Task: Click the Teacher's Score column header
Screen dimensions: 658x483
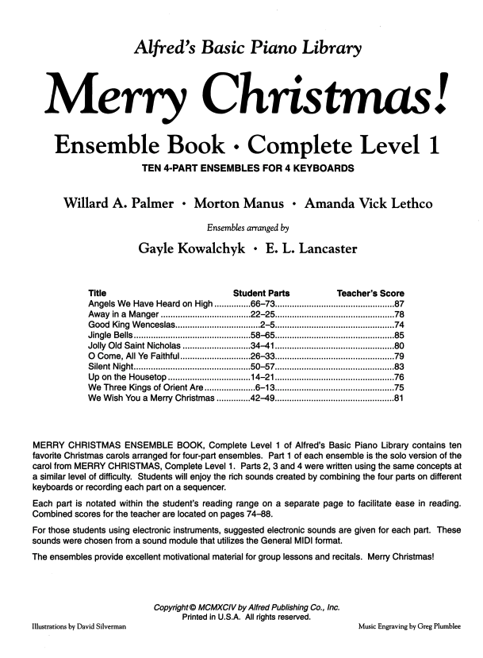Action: coord(370,293)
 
